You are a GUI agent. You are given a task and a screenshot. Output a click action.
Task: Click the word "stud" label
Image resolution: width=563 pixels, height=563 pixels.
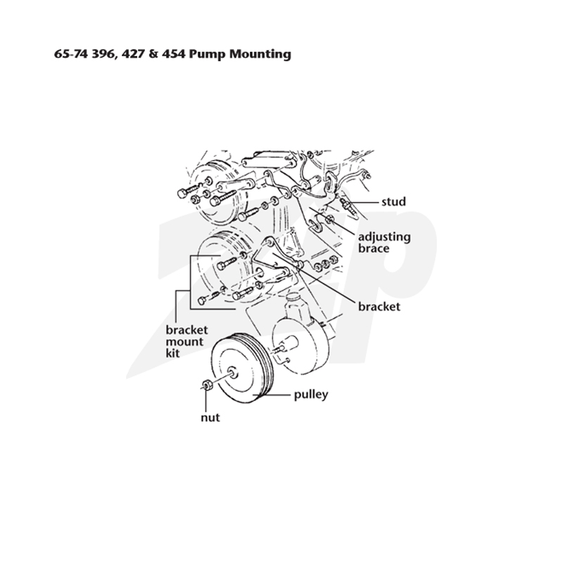pyautogui.click(x=393, y=202)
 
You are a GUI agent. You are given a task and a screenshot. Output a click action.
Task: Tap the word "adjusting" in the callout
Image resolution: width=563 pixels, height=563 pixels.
pyautogui.click(x=384, y=237)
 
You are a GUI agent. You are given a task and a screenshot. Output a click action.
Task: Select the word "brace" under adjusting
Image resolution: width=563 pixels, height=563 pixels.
pyautogui.click(x=374, y=248)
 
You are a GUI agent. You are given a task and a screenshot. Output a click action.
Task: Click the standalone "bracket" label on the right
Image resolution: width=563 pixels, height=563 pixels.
pyautogui.click(x=379, y=306)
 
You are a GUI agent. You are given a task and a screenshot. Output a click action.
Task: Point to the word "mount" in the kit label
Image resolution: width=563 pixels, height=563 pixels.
pyautogui.click(x=184, y=341)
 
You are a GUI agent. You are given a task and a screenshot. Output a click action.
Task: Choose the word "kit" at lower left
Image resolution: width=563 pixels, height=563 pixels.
pyautogui.click(x=172, y=353)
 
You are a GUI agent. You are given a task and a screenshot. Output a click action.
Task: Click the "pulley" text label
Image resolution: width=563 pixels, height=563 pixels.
pyautogui.click(x=311, y=395)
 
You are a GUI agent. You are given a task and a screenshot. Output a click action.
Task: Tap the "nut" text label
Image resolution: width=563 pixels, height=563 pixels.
pyautogui.click(x=210, y=417)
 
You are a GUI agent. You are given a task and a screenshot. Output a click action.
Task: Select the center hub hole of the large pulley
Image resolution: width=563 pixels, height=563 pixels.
pyautogui.click(x=233, y=372)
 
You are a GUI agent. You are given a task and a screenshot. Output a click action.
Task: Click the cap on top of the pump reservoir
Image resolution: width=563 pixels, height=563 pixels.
pyautogui.click(x=293, y=298)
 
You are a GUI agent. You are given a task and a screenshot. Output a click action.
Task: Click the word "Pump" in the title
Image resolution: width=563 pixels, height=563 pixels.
pyautogui.click(x=207, y=54)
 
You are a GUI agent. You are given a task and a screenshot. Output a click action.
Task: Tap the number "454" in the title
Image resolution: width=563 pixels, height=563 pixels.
pyautogui.click(x=173, y=54)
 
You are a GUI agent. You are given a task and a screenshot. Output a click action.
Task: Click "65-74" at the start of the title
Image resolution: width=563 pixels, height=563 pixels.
pyautogui.click(x=72, y=54)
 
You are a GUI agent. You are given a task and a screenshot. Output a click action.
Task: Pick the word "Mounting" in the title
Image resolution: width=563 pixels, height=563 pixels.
pyautogui.click(x=260, y=55)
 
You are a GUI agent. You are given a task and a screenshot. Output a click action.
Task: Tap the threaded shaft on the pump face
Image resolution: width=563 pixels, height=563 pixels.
pyautogui.click(x=279, y=349)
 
